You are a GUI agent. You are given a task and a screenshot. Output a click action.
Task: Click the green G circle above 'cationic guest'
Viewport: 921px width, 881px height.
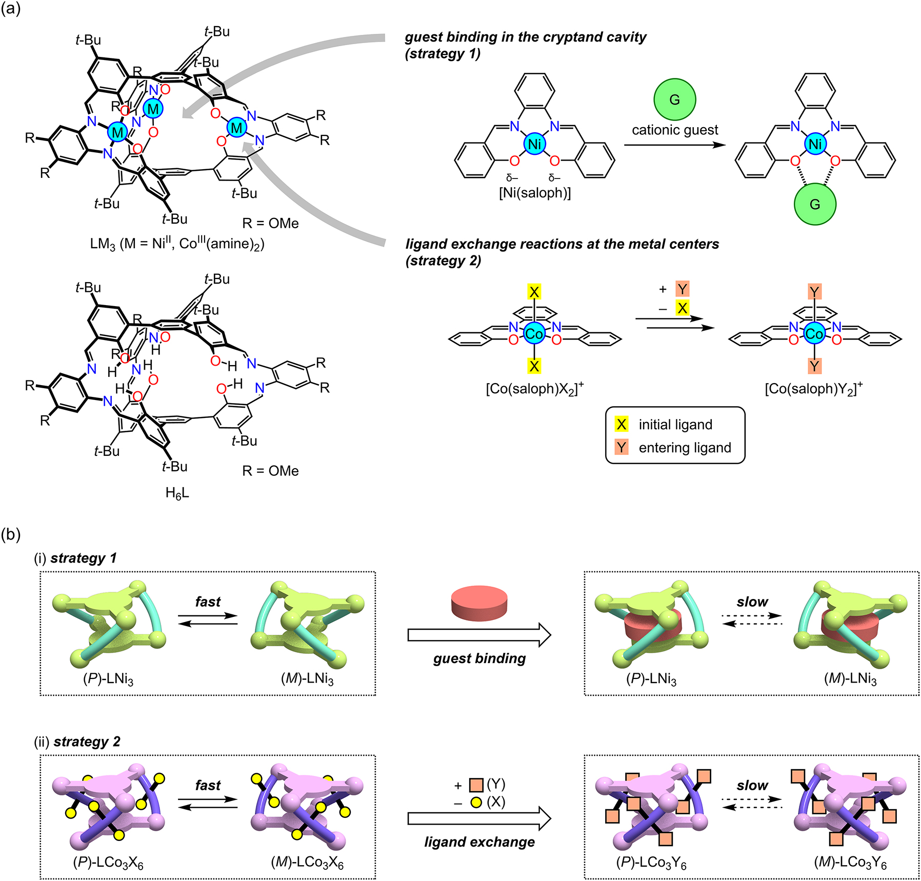click(674, 99)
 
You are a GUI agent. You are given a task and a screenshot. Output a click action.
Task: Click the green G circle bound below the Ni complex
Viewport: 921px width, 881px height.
click(814, 204)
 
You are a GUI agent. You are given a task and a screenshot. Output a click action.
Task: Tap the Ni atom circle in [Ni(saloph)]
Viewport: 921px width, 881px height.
click(534, 144)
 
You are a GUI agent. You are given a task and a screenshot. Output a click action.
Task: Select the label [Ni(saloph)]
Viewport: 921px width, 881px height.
click(534, 193)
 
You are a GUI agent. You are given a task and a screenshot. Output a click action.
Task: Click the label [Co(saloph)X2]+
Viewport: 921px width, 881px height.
click(534, 388)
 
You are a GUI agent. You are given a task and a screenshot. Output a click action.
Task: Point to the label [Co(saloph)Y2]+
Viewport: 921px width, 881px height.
click(814, 388)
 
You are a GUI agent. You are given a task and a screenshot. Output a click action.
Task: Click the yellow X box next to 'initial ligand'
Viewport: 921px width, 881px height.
click(622, 425)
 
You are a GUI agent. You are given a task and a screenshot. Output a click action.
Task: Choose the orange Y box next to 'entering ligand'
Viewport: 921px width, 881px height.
click(622, 447)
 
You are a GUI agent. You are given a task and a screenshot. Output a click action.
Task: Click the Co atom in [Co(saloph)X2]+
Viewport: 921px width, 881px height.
click(534, 334)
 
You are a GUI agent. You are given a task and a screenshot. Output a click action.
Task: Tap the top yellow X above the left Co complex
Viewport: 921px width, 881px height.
click(534, 292)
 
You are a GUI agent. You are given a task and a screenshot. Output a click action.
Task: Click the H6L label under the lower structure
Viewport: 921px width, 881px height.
click(177, 493)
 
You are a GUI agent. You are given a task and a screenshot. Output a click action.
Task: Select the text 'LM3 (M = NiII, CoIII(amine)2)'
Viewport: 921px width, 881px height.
click(177, 244)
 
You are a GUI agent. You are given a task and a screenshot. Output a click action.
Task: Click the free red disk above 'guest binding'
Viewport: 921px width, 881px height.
click(479, 602)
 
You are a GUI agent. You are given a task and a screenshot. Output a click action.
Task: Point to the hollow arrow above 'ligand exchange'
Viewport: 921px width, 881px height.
click(479, 819)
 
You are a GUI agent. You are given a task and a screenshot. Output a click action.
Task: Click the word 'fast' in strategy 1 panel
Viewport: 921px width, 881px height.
click(208, 602)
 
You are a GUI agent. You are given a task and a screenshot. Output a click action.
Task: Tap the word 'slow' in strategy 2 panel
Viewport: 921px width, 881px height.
click(752, 785)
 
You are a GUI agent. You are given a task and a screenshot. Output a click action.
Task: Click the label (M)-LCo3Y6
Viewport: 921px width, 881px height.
click(850, 863)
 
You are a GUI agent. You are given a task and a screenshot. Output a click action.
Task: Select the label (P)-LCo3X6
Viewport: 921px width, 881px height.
click(108, 863)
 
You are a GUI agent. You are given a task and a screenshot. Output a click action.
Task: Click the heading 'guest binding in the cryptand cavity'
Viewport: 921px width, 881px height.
click(525, 37)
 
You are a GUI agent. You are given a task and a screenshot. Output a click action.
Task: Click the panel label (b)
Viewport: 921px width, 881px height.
click(11, 535)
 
